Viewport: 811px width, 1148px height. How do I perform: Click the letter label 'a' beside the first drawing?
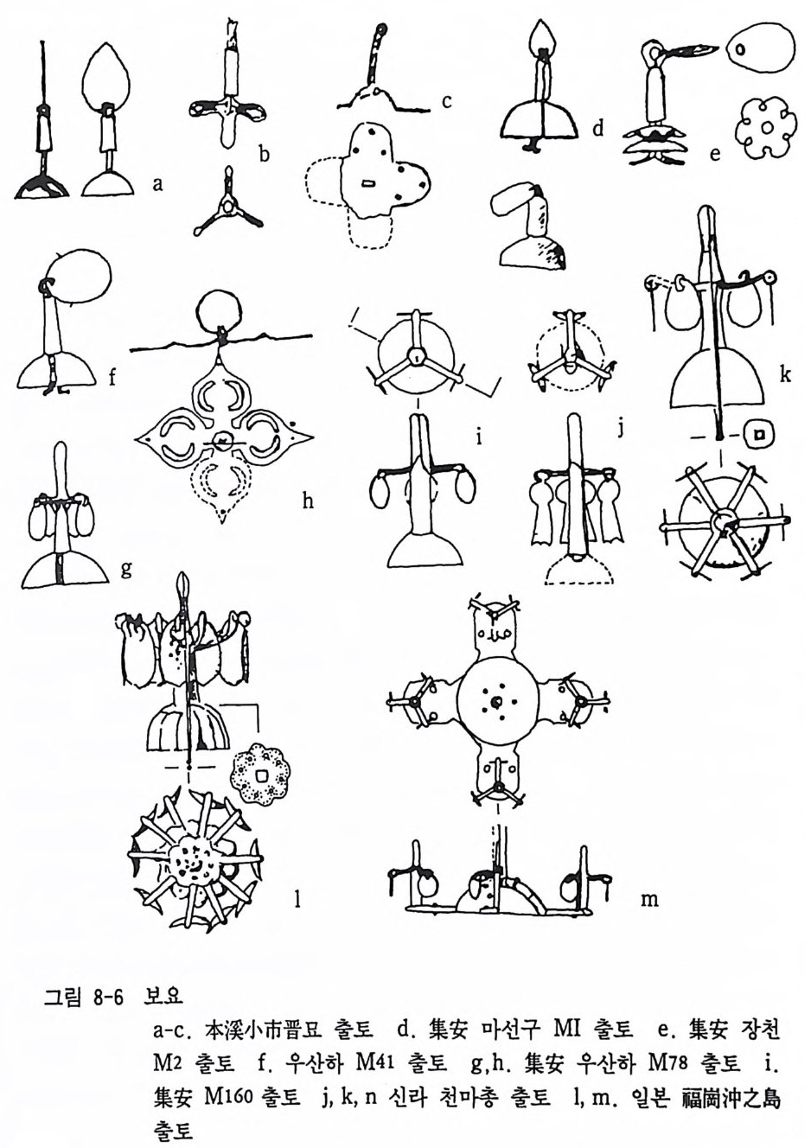(157, 184)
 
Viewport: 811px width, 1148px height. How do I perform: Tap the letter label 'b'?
(264, 153)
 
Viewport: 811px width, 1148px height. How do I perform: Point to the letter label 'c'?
(446, 102)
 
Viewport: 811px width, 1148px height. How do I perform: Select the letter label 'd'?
(597, 129)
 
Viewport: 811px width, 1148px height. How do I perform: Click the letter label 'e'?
(715, 153)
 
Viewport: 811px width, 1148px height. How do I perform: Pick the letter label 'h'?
(308, 501)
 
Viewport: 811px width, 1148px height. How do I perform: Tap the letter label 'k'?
(785, 374)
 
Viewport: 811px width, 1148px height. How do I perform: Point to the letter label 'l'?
(297, 901)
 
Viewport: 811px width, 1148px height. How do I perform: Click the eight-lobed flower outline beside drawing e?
(765, 126)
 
